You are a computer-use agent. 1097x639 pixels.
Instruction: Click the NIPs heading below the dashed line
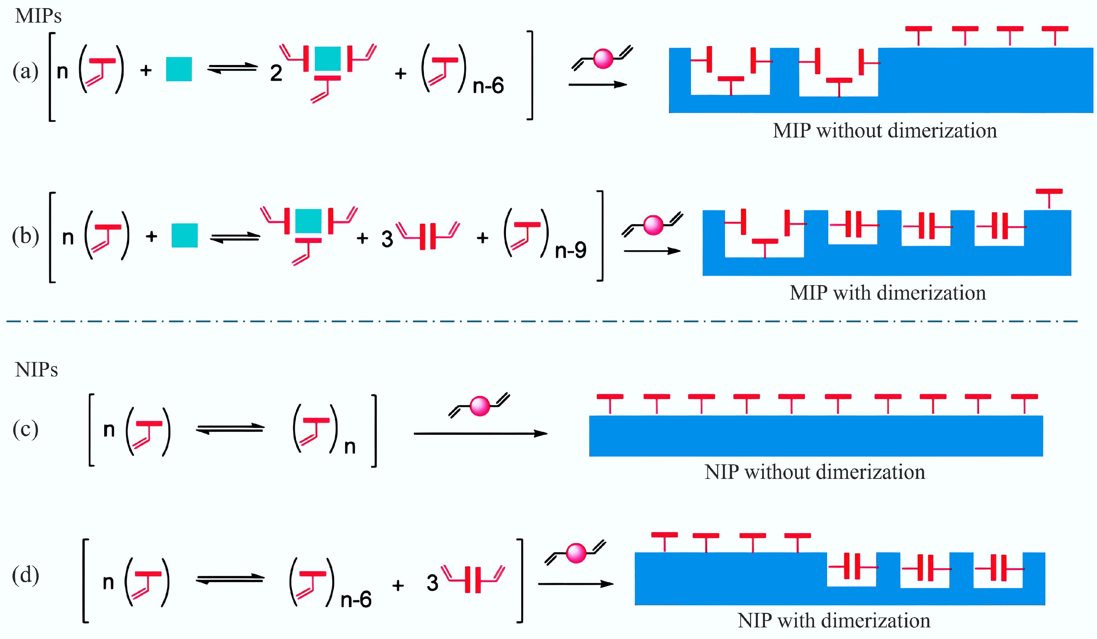37,370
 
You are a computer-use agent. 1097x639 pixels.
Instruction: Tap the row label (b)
25,236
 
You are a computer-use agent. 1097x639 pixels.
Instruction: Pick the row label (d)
25,575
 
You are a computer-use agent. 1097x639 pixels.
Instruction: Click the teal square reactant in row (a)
179,69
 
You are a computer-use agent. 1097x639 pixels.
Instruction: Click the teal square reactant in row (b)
185,235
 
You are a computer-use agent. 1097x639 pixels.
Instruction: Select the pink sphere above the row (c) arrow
480,406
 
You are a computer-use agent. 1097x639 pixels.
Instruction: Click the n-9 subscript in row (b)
571,251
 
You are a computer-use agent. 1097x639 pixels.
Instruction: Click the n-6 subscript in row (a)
488,86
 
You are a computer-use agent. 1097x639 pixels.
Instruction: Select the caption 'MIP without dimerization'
885,131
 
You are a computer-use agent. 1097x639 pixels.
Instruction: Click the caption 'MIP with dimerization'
887,293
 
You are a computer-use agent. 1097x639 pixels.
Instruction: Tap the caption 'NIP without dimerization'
814,472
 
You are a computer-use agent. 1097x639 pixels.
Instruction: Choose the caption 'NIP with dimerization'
833,620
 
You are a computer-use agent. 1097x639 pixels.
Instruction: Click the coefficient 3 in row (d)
432,583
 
